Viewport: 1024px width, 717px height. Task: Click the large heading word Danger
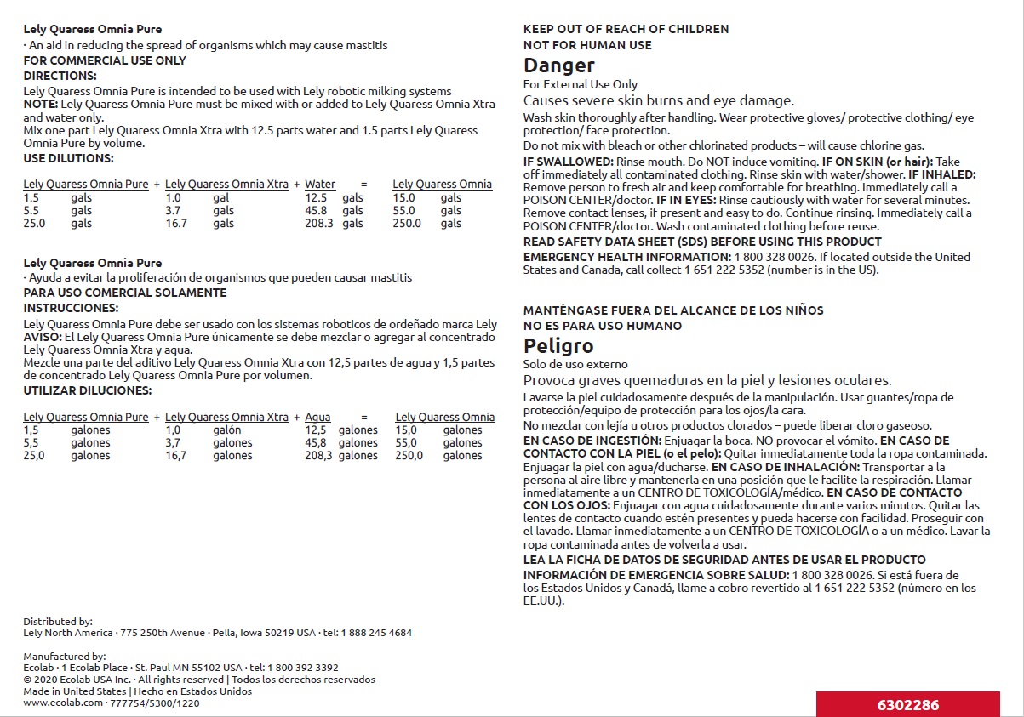558,65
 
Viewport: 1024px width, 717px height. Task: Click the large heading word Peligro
558,346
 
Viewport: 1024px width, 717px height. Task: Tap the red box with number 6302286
908,705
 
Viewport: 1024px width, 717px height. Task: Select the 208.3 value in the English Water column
317,224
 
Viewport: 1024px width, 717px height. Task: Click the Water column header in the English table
320,185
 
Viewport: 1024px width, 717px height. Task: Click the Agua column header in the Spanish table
317,418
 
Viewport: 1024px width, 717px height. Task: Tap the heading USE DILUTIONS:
68,158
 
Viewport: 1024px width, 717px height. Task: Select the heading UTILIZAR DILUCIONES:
87,390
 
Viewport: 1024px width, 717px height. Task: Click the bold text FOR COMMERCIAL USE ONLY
105,60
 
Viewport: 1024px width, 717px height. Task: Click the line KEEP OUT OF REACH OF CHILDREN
626,29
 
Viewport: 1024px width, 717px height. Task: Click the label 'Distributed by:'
58,622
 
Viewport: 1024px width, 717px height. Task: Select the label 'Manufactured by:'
65,656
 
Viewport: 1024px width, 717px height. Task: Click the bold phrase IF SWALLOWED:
568,162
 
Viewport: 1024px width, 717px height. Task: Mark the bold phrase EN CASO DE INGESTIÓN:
592,441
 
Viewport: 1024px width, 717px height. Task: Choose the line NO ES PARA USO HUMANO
602,326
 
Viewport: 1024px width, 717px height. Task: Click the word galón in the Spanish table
227,430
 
